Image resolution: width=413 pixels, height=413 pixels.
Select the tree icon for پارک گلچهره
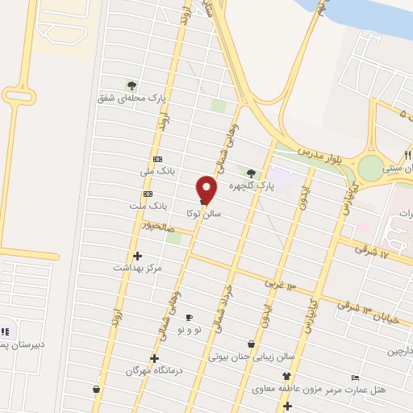pyautogui.click(x=251, y=173)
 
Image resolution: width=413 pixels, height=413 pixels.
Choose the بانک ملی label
pyautogui.click(x=157, y=172)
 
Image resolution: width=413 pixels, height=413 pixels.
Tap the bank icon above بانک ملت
pyautogui.click(x=148, y=194)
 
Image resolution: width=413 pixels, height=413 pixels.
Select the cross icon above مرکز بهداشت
pyautogui.click(x=138, y=256)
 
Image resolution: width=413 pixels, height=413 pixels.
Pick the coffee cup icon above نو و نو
pyautogui.click(x=190, y=318)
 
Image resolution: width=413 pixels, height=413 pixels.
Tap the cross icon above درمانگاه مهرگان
pyautogui.click(x=154, y=358)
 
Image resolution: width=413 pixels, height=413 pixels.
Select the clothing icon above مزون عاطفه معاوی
pyautogui.click(x=286, y=377)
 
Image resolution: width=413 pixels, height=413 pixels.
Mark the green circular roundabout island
pyautogui.click(x=372, y=169)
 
